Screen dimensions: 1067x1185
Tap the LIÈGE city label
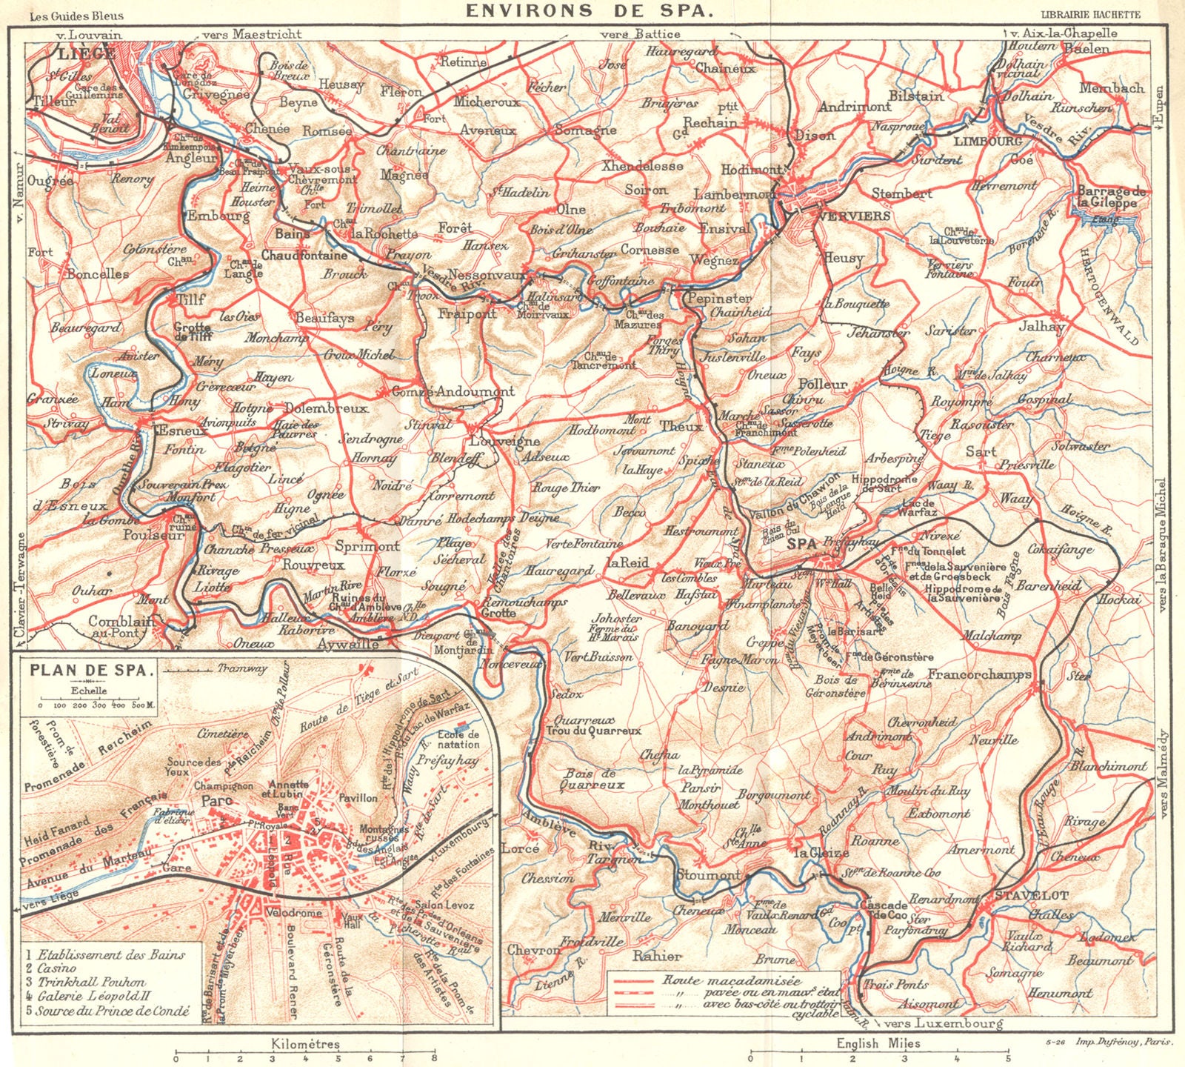85,53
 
